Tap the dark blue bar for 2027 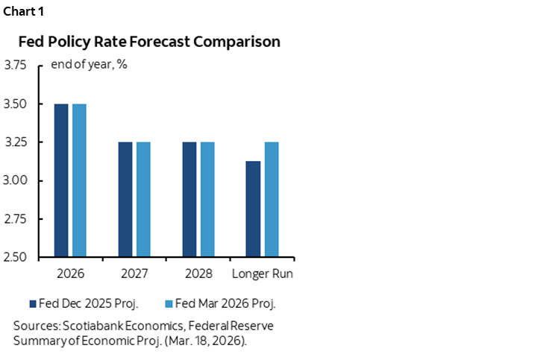pyautogui.click(x=125, y=200)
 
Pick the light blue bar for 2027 pyautogui.click(x=143, y=200)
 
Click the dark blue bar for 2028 pyautogui.click(x=189, y=200)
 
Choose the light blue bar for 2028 pyautogui.click(x=207, y=200)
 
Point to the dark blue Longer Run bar pyautogui.click(x=253, y=209)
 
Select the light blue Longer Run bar pyautogui.click(x=272, y=200)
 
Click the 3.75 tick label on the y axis pyautogui.click(x=18, y=66)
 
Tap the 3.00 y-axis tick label pyautogui.click(x=18, y=181)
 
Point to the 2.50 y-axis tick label pyautogui.click(x=18, y=258)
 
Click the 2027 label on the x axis pyautogui.click(x=134, y=274)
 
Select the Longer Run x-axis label pyautogui.click(x=263, y=274)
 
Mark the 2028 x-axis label pyautogui.click(x=198, y=274)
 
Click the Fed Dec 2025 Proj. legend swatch pyautogui.click(x=32, y=303)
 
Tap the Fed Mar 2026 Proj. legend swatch pyautogui.click(x=168, y=303)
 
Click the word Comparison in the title pyautogui.click(x=236, y=42)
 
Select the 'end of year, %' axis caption pyautogui.click(x=89, y=64)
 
